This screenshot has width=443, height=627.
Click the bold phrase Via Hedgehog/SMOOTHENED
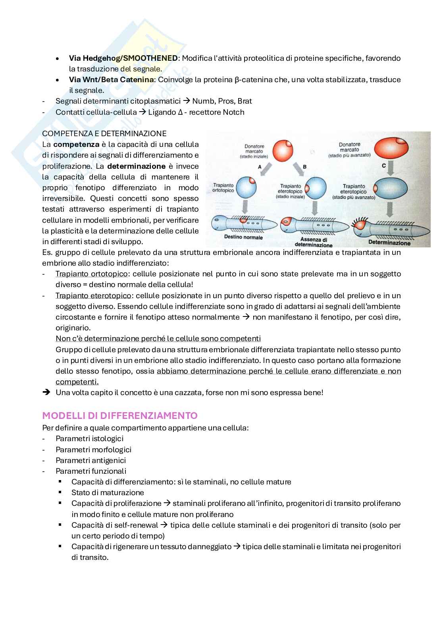pyautogui.click(x=123, y=58)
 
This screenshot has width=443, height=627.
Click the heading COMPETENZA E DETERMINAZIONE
pyautogui.click(x=104, y=133)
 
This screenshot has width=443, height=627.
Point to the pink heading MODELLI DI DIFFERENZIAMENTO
pyautogui.click(x=120, y=416)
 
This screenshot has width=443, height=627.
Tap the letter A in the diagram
pyautogui.click(x=260, y=167)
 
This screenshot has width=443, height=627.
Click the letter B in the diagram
pyautogui.click(x=304, y=167)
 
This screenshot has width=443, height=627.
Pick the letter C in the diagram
pyautogui.click(x=384, y=166)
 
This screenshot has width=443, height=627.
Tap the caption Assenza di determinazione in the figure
pyautogui.click(x=316, y=242)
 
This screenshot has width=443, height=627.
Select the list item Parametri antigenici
pyautogui.click(x=91, y=460)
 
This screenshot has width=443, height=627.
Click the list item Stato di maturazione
pyautogui.click(x=108, y=492)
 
